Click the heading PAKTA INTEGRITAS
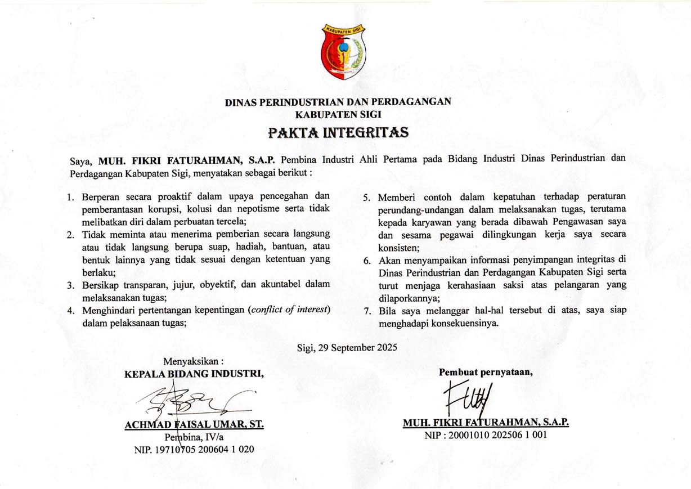338,133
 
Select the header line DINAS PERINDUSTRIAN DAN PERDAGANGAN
338,102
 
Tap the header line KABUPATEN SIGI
338,114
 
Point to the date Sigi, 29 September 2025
347,347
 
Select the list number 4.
71,311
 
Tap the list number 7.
367,311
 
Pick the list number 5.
367,199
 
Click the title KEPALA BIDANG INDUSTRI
194,373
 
